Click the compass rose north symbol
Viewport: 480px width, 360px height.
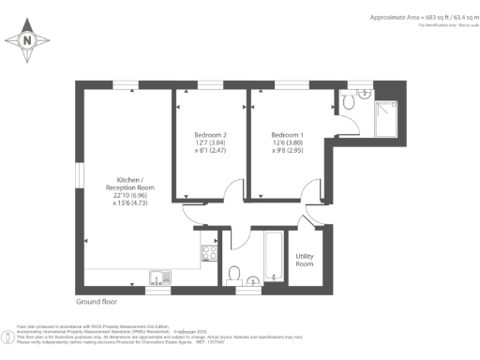coord(27,39)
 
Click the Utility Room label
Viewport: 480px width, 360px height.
coord(305,260)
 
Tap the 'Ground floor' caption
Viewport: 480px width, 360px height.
coord(99,303)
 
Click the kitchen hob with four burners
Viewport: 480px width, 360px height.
coord(209,254)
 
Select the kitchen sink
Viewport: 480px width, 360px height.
coord(157,276)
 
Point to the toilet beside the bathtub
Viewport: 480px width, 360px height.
coord(233,273)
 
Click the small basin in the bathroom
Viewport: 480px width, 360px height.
coord(256,278)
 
